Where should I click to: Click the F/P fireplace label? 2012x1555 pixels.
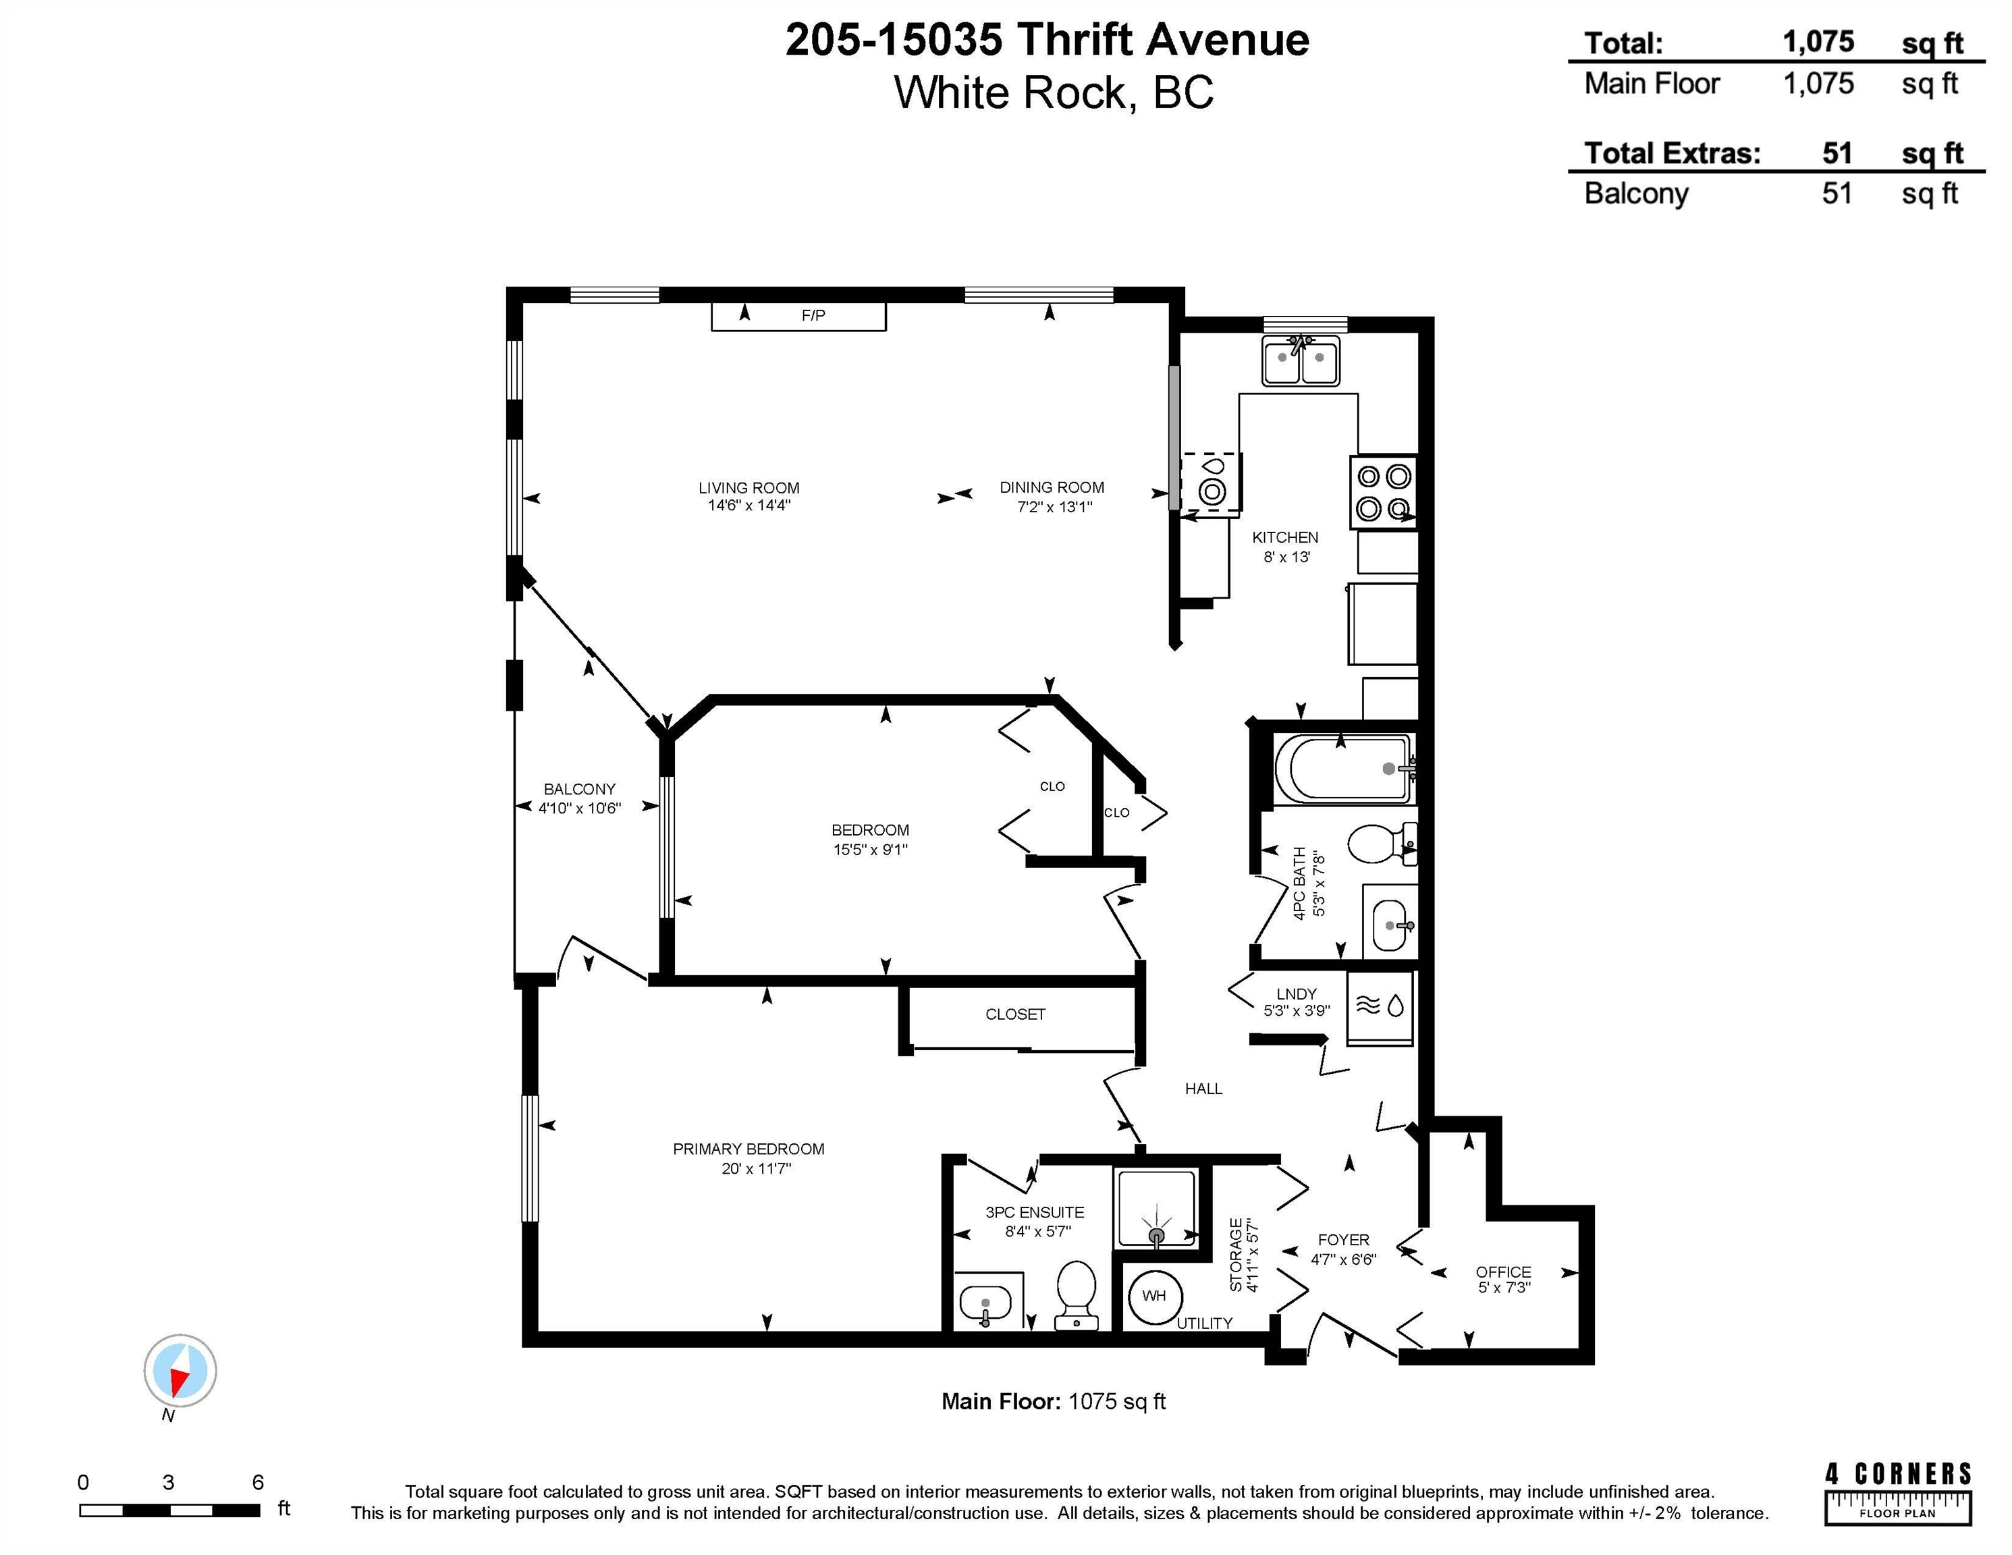point(813,315)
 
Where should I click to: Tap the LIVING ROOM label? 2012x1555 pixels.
point(749,487)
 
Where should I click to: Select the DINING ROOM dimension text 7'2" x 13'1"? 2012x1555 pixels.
point(1054,507)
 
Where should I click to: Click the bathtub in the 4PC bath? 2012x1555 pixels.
point(1343,768)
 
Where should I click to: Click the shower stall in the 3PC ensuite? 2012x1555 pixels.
point(1156,1207)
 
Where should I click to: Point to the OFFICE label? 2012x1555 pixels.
point(1504,1272)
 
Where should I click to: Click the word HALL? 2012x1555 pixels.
point(1203,1089)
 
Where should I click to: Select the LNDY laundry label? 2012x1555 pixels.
point(1296,994)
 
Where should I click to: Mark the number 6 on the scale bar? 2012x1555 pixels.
point(258,1482)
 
